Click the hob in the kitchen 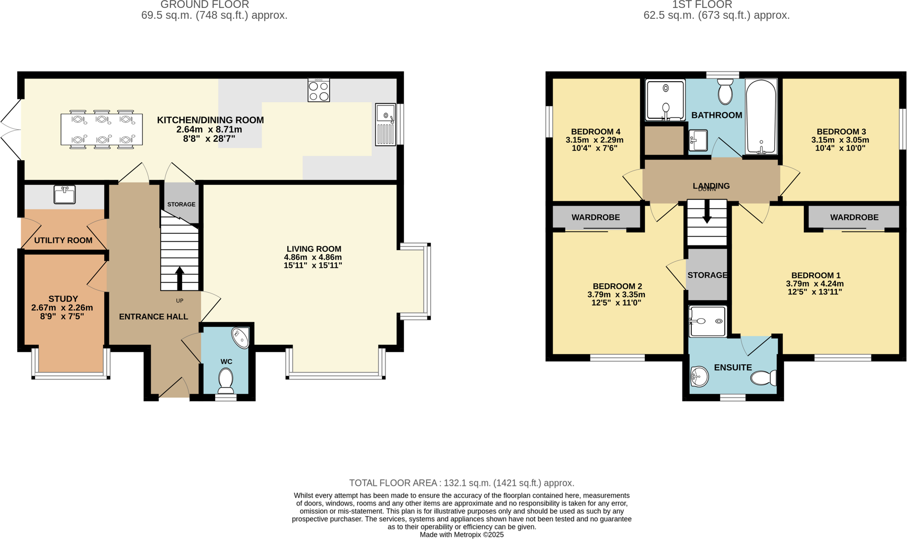[x=318, y=90]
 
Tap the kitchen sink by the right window [x=386, y=125]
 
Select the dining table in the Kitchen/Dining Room [x=102, y=129]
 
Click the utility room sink [x=64, y=194]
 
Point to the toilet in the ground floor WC [x=226, y=380]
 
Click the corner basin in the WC [x=241, y=337]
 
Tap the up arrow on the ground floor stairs [x=180, y=278]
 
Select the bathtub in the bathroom [x=761, y=116]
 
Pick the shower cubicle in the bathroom [x=665, y=100]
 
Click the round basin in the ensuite [x=699, y=376]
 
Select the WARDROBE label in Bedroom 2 [x=596, y=217]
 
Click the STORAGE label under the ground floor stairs [x=181, y=204]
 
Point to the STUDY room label [x=63, y=299]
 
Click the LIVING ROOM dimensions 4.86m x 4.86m [x=313, y=257]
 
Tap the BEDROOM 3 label [x=841, y=132]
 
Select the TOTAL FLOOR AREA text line [x=462, y=483]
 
